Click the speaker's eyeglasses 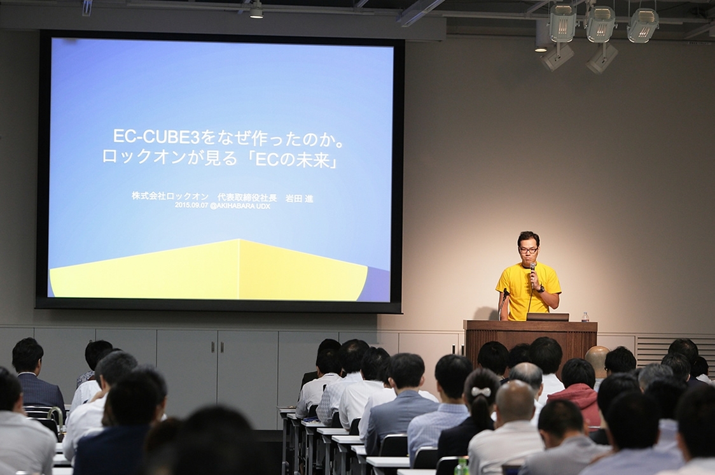pyautogui.click(x=529, y=250)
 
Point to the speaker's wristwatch pyautogui.click(x=541, y=289)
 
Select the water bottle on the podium pyautogui.click(x=585, y=317)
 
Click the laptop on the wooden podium pyautogui.click(x=547, y=316)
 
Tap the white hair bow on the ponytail pyautogui.click(x=481, y=392)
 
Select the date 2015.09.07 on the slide pyautogui.click(x=191, y=205)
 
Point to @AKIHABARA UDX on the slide pyautogui.click(x=240, y=206)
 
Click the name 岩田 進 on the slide pyautogui.click(x=299, y=199)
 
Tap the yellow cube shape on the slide pyautogui.click(x=209, y=270)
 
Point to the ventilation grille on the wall pyautogui.click(x=675, y=350)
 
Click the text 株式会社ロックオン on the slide pyautogui.click(x=170, y=196)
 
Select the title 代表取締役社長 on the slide pyautogui.click(x=247, y=197)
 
